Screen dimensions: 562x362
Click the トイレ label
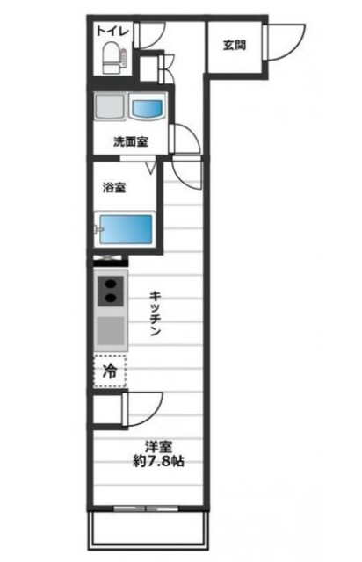(x=113, y=32)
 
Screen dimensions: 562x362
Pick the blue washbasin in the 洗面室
(x=147, y=109)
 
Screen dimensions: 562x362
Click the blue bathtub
(x=126, y=229)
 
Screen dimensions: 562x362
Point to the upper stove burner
(x=112, y=283)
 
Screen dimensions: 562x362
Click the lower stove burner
(x=112, y=298)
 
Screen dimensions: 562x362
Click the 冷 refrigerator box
(x=111, y=371)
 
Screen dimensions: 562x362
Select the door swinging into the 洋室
(x=142, y=408)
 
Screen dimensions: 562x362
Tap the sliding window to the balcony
(x=148, y=509)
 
